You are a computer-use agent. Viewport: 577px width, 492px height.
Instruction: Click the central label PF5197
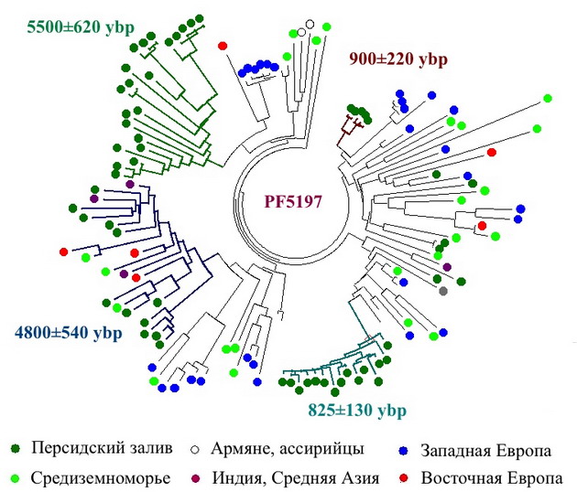[x=293, y=201]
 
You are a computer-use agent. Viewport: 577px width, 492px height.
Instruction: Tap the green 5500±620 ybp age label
[x=81, y=27]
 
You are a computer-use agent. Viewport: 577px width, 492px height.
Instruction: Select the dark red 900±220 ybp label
[x=398, y=59]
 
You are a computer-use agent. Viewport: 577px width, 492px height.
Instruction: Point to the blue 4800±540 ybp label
[x=69, y=333]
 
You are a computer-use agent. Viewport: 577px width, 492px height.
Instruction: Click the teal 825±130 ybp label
[x=357, y=410]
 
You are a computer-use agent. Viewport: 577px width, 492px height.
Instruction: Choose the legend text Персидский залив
[x=102, y=448]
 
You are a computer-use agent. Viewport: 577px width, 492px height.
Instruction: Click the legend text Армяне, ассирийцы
[x=288, y=449]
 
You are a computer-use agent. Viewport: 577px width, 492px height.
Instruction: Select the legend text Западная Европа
[x=486, y=451]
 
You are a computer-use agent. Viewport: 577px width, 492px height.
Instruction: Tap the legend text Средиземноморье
[x=101, y=478]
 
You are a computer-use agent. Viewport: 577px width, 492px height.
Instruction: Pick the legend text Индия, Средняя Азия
[x=296, y=478]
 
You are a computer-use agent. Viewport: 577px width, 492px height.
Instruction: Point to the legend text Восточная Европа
[x=492, y=478]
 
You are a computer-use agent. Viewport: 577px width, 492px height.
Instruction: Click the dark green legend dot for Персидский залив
[x=16, y=449]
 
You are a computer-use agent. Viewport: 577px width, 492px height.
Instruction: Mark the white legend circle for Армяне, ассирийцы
[x=195, y=449]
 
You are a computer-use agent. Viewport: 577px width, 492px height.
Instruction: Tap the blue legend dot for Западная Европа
[x=404, y=450]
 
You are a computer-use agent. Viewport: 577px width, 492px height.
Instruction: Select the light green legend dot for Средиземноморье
[x=16, y=478]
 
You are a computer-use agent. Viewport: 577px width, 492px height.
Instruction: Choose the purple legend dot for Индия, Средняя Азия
[x=195, y=478]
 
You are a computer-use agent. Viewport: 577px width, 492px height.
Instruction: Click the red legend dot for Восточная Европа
[x=404, y=478]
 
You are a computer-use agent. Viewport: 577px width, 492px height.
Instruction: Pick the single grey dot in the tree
[x=443, y=291]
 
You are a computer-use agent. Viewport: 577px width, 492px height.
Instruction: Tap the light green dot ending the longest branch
[x=548, y=98]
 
